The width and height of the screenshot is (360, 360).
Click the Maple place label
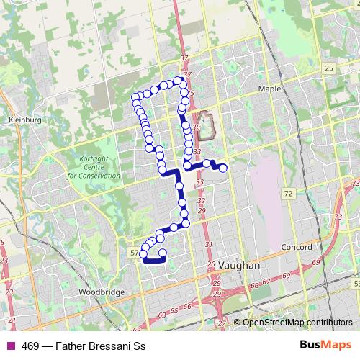(269, 89)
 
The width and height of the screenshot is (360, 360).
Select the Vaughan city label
(238, 265)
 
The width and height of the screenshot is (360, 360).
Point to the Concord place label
(297, 247)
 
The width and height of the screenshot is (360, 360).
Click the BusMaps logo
(330, 345)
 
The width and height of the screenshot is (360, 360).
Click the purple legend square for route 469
(9, 346)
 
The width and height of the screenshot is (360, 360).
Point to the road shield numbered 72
(289, 194)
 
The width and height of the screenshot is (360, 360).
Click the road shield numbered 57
(135, 253)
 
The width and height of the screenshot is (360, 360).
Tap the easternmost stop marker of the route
(223, 168)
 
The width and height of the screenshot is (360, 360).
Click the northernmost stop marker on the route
(177, 80)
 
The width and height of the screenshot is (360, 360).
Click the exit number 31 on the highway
(209, 246)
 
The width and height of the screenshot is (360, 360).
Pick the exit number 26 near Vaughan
(211, 265)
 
